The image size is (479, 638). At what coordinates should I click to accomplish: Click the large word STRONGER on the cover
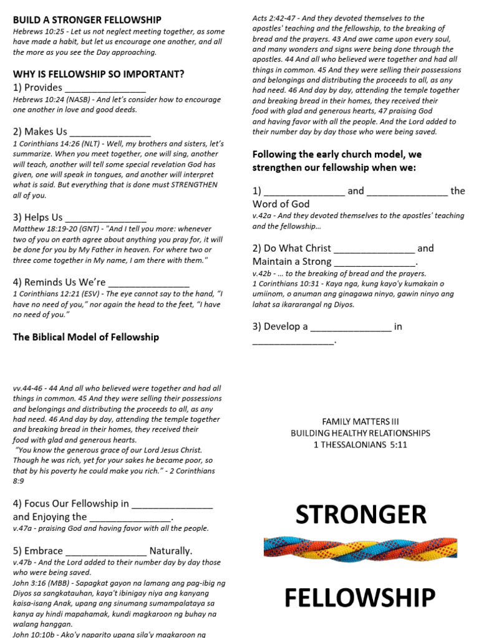click(360, 515)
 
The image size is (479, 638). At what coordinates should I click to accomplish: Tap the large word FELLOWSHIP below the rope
click(360, 598)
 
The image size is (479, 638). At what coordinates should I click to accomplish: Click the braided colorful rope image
click(360, 548)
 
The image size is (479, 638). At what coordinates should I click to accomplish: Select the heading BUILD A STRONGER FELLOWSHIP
click(87, 20)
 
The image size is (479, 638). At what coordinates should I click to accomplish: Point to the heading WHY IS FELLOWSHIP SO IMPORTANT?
click(99, 74)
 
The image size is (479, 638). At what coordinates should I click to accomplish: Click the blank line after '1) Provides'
click(105, 88)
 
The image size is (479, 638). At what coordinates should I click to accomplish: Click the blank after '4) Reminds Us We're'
click(149, 283)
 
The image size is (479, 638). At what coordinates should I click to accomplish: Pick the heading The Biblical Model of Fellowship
click(86, 337)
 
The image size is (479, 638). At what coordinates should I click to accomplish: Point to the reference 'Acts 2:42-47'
click(273, 18)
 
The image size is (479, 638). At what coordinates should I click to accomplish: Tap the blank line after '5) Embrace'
click(106, 552)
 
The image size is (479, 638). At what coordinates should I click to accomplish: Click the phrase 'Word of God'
click(281, 204)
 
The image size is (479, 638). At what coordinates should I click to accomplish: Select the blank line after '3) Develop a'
click(351, 328)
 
